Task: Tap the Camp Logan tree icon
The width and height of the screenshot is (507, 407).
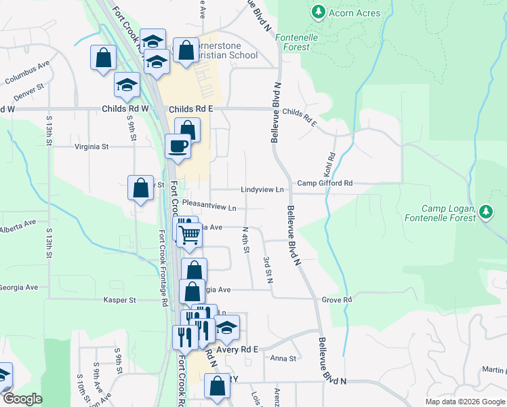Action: tap(485, 212)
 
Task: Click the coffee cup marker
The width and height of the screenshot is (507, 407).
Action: tap(178, 147)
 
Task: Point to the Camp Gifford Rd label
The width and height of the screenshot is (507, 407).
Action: tap(325, 183)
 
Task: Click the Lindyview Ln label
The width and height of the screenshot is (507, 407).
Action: tap(261, 190)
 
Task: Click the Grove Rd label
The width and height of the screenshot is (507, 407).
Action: tap(337, 299)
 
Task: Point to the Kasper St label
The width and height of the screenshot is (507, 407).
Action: tap(120, 299)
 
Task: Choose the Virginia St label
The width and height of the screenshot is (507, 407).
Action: tap(91, 146)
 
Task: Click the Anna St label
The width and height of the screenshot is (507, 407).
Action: tap(283, 358)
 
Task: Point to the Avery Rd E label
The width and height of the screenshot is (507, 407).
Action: tap(235, 349)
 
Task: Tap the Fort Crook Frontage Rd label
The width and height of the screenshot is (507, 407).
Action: tap(163, 269)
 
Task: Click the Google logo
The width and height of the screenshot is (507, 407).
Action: tap(22, 399)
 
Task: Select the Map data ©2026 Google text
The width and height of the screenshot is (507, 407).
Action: tap(464, 402)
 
